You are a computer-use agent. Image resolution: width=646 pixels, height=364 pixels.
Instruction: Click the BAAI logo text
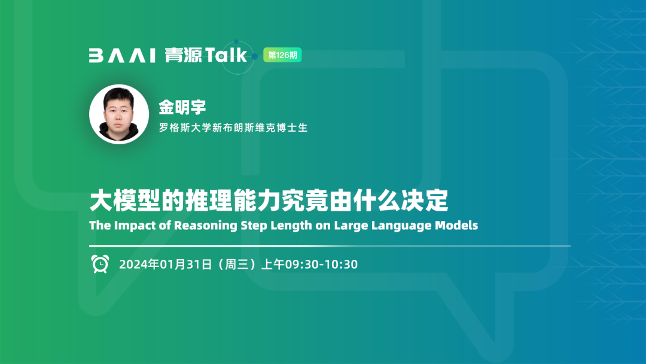pyautogui.click(x=122, y=55)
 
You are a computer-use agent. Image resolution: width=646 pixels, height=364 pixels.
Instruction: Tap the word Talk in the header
pyautogui.click(x=226, y=55)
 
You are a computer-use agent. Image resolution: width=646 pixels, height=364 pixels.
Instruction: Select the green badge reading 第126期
pyautogui.click(x=282, y=55)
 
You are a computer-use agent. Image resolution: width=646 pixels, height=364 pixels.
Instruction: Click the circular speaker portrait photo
pyautogui.click(x=119, y=114)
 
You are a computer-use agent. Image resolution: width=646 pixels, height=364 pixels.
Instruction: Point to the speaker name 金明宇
pyautogui.click(x=182, y=107)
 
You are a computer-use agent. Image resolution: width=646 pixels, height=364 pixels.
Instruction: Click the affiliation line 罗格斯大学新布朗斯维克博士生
pyautogui.click(x=233, y=128)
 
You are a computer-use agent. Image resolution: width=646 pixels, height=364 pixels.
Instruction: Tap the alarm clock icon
pyautogui.click(x=100, y=264)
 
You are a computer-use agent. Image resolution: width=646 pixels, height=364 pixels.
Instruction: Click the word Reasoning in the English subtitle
pyautogui.click(x=206, y=226)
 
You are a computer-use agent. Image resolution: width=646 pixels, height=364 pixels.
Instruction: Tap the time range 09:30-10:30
pyautogui.click(x=321, y=264)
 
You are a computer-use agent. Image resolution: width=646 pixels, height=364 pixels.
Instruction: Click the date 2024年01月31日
pyautogui.click(x=166, y=264)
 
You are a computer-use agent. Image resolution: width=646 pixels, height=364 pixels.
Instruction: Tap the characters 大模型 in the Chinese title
pyautogui.click(x=125, y=201)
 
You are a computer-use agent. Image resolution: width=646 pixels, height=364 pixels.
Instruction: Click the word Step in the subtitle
pyautogui.click(x=254, y=226)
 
